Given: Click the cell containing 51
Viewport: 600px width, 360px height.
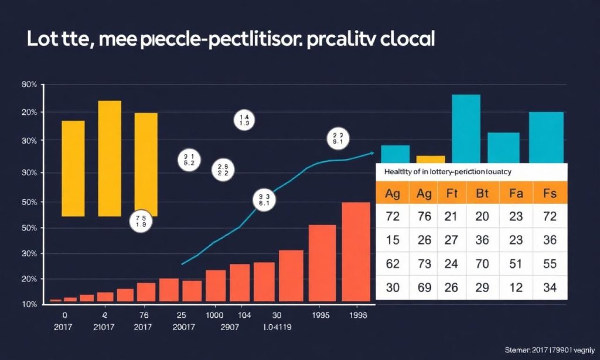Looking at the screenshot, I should click(x=516, y=263).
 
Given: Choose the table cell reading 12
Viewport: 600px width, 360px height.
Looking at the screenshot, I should click(x=516, y=287).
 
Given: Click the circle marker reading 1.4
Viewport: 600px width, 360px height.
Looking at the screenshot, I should click(x=244, y=120).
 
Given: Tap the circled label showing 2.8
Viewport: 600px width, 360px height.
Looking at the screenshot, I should click(x=223, y=169).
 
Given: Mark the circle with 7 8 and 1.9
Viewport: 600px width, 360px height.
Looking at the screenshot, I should click(x=141, y=220).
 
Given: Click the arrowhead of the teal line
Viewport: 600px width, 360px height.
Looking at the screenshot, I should click(x=371, y=153).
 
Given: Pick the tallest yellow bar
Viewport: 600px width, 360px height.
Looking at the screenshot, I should click(x=110, y=158).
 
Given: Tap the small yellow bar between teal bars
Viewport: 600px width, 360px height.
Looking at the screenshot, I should click(x=431, y=159).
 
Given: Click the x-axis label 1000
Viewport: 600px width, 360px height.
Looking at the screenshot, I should click(x=215, y=315).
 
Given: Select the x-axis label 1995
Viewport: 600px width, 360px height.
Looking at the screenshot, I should click(x=321, y=315).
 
